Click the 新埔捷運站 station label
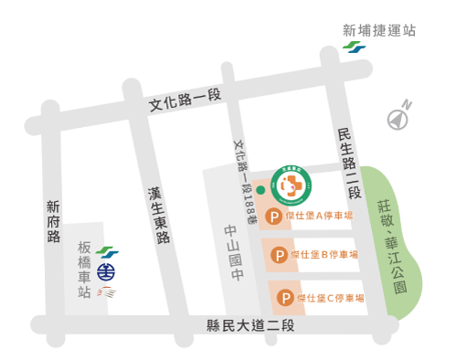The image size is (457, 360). click(x=379, y=30)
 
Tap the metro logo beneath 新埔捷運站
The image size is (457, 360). click(x=354, y=49)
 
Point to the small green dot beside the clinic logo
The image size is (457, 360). click(x=260, y=190)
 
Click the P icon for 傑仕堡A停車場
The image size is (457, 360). click(x=272, y=217)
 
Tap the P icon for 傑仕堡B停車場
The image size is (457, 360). click(x=279, y=256)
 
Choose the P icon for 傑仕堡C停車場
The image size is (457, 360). click(x=286, y=298)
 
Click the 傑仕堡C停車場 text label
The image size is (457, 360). click(x=333, y=298)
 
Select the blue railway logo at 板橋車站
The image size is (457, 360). click(x=107, y=271)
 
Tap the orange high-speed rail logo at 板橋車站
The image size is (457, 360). click(x=108, y=293)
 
